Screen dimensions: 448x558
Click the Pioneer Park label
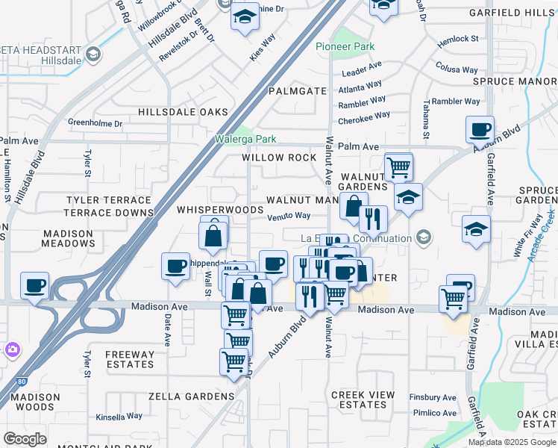[345, 46]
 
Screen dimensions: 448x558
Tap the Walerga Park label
[245, 139]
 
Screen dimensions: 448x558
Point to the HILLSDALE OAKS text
[183, 112]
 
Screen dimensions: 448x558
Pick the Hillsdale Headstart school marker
[93, 54]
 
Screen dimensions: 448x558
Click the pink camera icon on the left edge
[12, 349]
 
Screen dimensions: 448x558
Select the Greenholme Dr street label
[95, 123]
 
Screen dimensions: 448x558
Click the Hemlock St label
[459, 38]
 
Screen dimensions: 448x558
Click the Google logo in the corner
[25, 439]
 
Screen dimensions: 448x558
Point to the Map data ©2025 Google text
[512, 442]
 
